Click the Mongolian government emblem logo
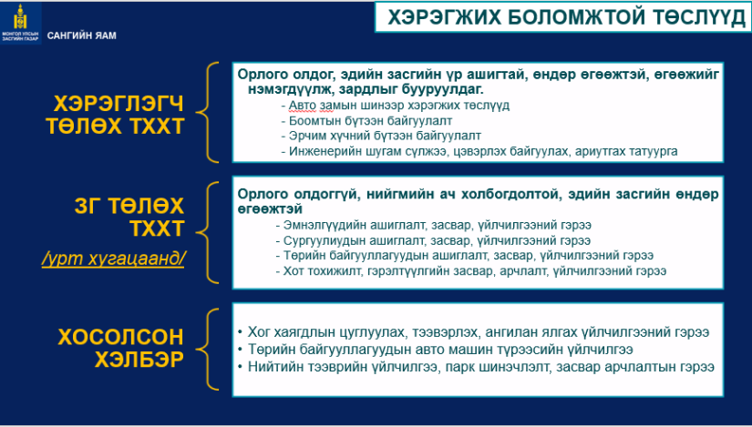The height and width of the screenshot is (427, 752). [x=20, y=23]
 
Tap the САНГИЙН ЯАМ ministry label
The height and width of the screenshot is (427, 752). [x=81, y=36]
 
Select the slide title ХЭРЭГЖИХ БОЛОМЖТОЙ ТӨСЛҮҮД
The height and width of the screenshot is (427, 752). [x=566, y=17]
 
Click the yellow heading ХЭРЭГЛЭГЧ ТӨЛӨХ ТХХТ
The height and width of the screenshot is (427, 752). [x=115, y=115]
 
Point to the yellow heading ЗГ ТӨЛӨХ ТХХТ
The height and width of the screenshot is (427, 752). [x=129, y=217]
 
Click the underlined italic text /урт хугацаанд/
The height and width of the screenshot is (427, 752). [x=113, y=259]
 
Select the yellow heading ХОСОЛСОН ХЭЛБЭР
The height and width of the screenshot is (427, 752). [x=121, y=348]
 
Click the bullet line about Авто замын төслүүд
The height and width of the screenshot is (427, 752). [x=396, y=105]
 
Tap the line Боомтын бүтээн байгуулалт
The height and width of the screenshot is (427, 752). [x=366, y=120]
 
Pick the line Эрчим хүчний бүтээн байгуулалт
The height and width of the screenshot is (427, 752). [x=381, y=136]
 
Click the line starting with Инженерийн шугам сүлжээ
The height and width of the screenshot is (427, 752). [x=479, y=151]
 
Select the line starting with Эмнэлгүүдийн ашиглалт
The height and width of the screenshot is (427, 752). [x=434, y=225]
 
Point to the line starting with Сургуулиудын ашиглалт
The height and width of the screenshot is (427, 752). [x=433, y=240]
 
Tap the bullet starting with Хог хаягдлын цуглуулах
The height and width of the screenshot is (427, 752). [x=473, y=332]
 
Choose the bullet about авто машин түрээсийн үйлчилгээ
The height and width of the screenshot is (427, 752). [x=436, y=350]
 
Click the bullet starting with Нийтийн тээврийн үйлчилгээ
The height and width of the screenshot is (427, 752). [x=476, y=367]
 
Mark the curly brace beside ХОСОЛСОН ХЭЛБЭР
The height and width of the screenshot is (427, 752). [x=207, y=350]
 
